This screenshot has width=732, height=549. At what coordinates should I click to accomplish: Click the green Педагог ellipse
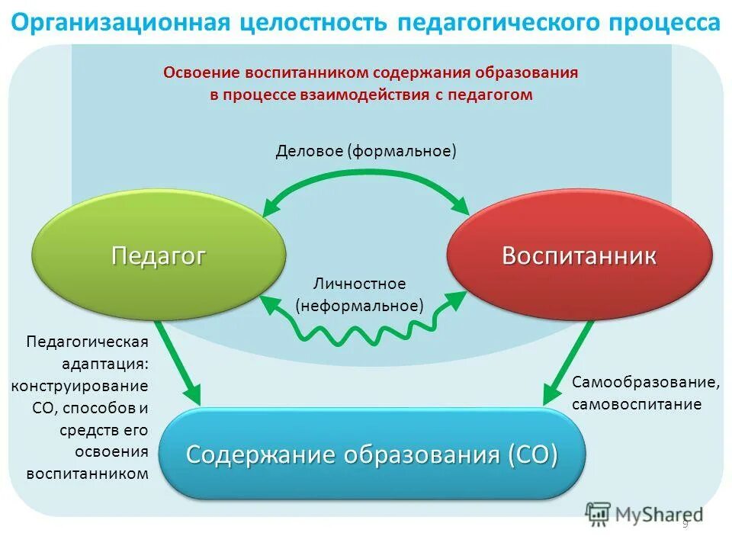159,256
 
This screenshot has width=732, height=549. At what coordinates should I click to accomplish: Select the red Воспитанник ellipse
579,256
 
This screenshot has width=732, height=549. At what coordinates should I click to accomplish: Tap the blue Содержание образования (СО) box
372,454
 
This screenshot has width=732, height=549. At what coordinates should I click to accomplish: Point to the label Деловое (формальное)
366,150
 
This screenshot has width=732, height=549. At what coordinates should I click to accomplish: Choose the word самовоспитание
636,404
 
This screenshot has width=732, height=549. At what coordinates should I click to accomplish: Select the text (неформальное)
360,306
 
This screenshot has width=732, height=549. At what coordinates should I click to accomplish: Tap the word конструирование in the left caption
79,385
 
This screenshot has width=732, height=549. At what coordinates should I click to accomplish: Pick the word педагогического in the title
493,22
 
